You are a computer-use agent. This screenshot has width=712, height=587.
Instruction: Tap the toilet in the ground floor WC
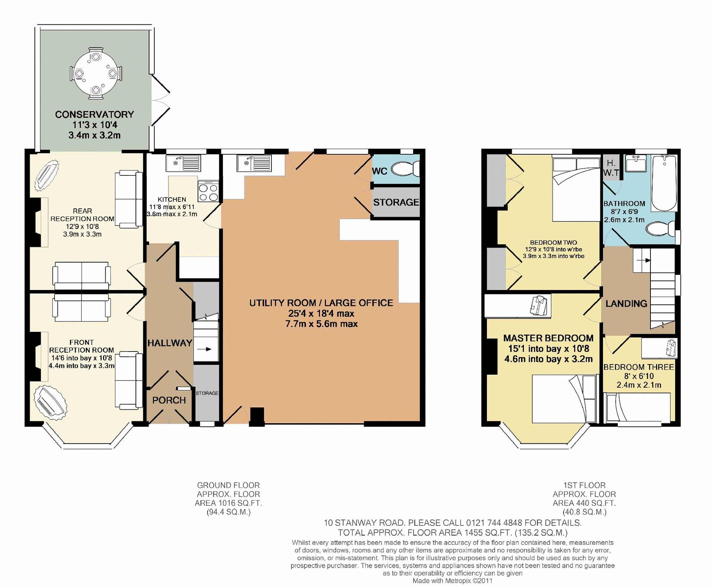tap(406, 170)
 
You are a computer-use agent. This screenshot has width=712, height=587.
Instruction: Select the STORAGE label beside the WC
tap(396, 202)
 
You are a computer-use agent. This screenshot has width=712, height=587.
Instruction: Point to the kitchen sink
tap(184, 163)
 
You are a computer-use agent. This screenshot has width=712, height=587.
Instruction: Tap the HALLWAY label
tap(170, 343)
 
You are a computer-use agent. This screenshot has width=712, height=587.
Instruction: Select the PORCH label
tap(169, 400)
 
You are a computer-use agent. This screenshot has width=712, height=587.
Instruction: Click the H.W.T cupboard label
tap(611, 168)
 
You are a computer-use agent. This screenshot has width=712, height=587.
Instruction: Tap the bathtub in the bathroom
tap(664, 183)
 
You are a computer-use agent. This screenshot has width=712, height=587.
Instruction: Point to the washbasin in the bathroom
tap(636, 163)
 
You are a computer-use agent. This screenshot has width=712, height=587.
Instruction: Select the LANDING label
tap(626, 304)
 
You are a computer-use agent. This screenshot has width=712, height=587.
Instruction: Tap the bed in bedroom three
tap(637, 408)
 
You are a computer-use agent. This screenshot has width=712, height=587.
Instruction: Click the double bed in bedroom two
tap(576, 189)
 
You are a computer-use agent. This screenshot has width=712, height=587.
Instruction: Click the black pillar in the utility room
tap(257, 416)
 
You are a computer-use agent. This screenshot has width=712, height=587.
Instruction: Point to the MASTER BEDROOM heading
tap(548, 338)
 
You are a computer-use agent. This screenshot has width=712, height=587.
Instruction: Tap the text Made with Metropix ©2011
tap(452, 581)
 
